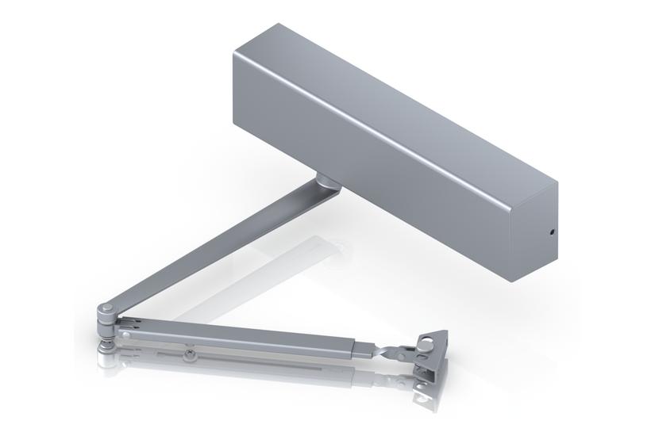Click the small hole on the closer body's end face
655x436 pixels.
551,234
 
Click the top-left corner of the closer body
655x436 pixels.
235,54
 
